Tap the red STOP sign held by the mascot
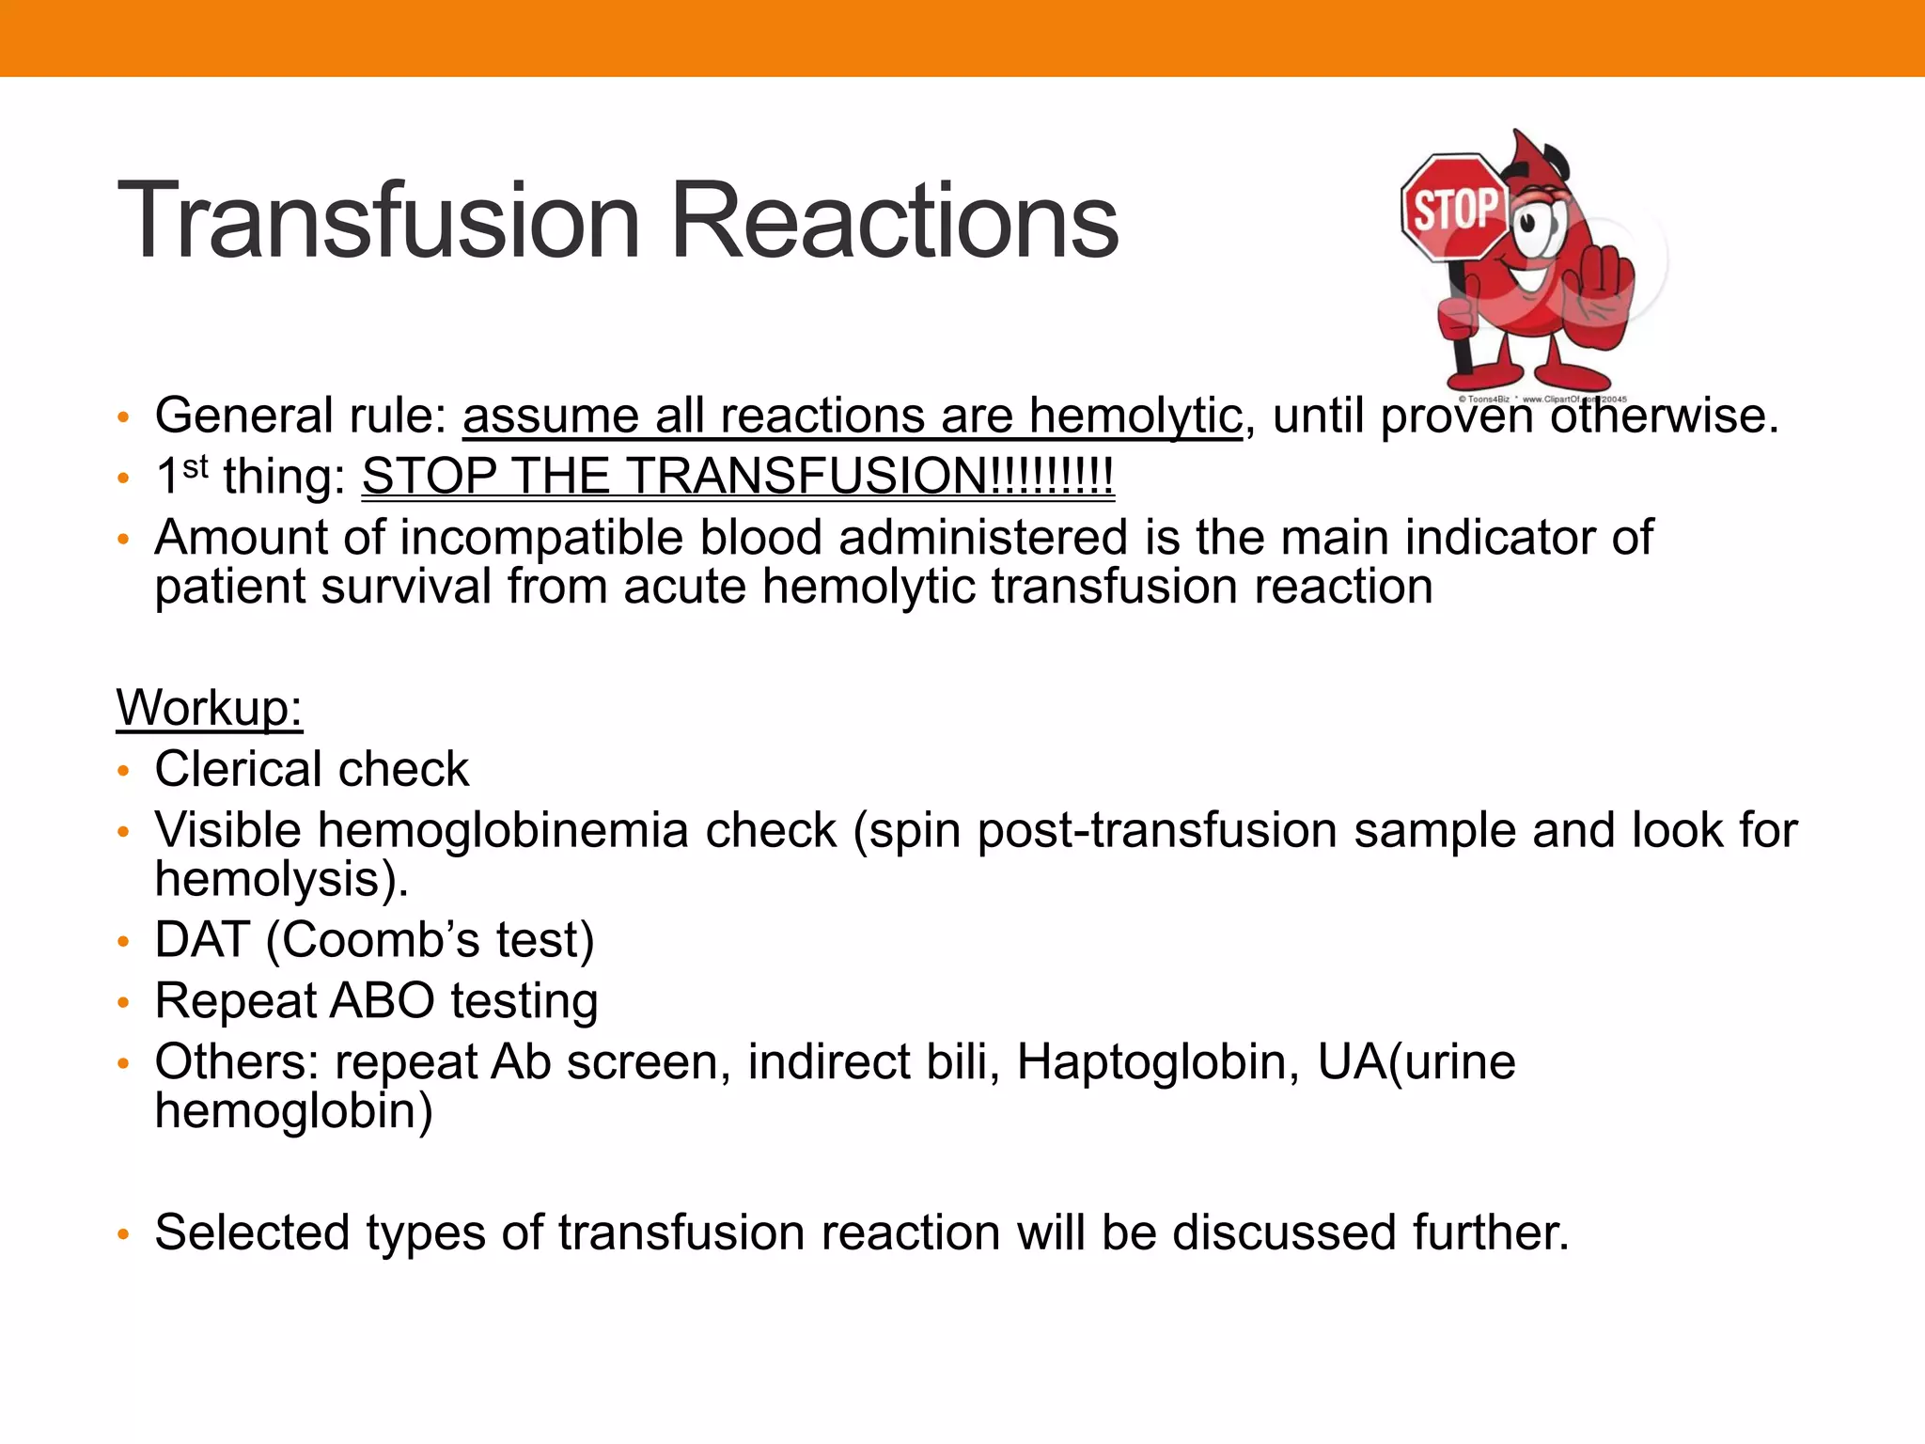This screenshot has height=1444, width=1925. tap(1453, 208)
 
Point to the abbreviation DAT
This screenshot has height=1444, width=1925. tap(202, 939)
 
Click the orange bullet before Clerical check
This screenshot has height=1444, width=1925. tap(122, 771)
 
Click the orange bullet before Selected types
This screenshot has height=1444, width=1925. tap(122, 1234)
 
